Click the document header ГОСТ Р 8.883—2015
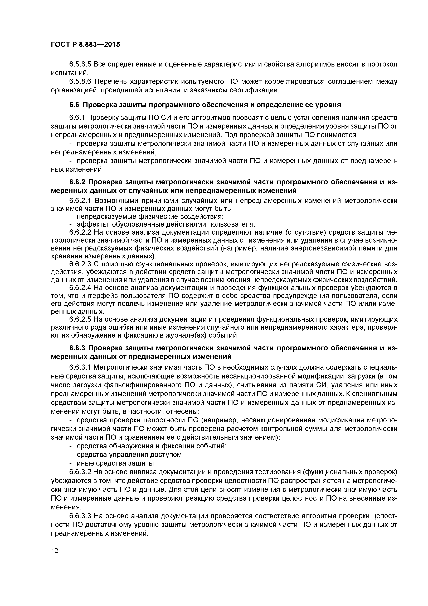(x=85, y=45)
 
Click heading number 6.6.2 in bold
(x=78, y=182)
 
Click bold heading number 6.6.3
(x=78, y=348)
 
